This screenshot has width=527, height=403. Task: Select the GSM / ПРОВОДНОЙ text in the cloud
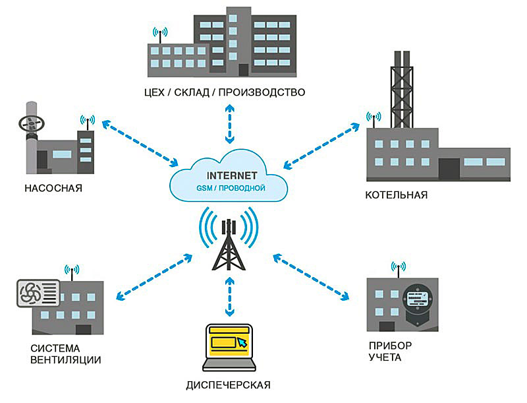pos(230,189)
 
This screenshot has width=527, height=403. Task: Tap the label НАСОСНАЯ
pos(53,187)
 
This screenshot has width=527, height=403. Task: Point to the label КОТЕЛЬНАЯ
pos(397,195)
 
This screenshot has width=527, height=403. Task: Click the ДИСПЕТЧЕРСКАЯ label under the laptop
pos(229,384)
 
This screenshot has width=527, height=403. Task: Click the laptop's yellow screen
pos(228,342)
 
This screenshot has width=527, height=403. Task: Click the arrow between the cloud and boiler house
pos(323,142)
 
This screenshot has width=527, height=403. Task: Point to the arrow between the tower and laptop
pos(229,297)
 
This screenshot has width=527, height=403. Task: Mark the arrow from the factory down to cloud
pos(229,124)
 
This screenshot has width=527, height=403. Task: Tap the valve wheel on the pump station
pos(30,123)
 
